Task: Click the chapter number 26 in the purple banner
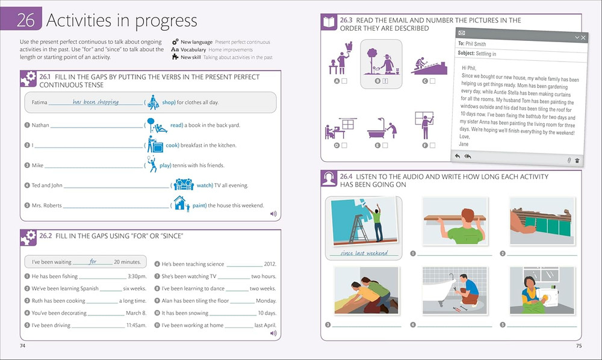click(x=26, y=20)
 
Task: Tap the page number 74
click(x=23, y=346)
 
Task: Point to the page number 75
click(x=579, y=346)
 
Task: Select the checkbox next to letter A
click(x=344, y=81)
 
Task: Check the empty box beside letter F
click(x=433, y=146)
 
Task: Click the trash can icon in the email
click(x=577, y=161)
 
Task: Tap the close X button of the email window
click(x=583, y=37)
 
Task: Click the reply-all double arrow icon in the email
click(x=468, y=156)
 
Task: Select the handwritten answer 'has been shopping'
click(x=96, y=102)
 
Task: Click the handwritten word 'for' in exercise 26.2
click(x=93, y=261)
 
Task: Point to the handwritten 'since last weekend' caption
click(x=364, y=253)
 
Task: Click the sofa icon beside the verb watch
click(x=184, y=184)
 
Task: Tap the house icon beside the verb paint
click(x=181, y=203)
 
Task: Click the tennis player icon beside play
click(x=152, y=164)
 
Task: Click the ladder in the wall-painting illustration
click(x=358, y=228)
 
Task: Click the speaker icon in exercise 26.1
click(x=273, y=214)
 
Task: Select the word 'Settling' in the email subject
click(x=483, y=54)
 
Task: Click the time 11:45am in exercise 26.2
click(x=137, y=326)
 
